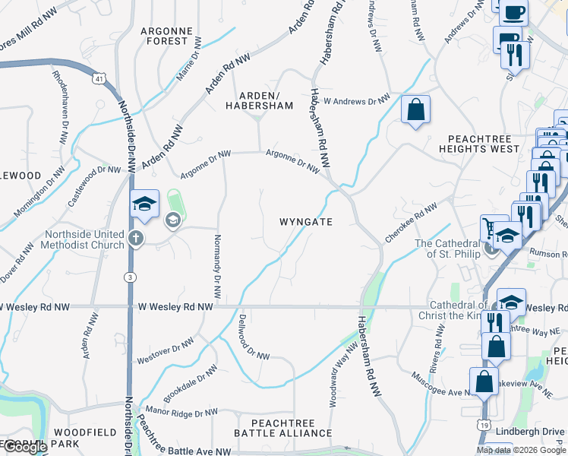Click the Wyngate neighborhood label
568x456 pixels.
pos(306,222)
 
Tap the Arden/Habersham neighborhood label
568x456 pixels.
pos(259,100)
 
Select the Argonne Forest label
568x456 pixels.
pos(164,36)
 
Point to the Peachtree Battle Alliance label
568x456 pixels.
pos(282,426)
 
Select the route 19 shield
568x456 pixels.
pos(484,426)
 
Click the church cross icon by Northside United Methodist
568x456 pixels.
pos(136,239)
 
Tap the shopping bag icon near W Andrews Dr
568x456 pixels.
pos(415,109)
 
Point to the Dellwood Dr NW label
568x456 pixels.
pos(254,337)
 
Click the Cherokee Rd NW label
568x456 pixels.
pos(411,222)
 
